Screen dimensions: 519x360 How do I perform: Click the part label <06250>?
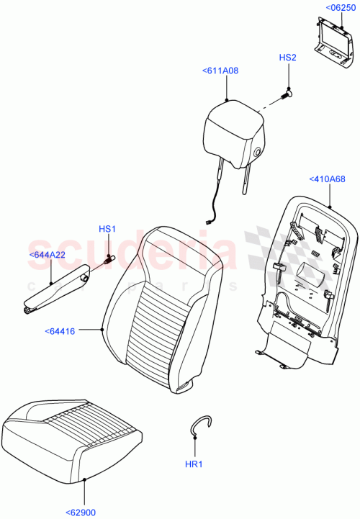click(x=339, y=7)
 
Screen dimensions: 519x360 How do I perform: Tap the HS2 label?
click(x=288, y=57)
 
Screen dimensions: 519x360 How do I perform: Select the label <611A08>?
click(x=221, y=71)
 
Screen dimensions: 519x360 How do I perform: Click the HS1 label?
click(x=107, y=229)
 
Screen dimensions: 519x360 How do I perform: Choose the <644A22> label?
click(x=48, y=255)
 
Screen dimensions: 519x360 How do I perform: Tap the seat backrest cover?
click(x=161, y=310)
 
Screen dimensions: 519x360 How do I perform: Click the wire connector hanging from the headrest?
click(x=209, y=221)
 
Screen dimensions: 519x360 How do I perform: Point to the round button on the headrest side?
click(x=257, y=151)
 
